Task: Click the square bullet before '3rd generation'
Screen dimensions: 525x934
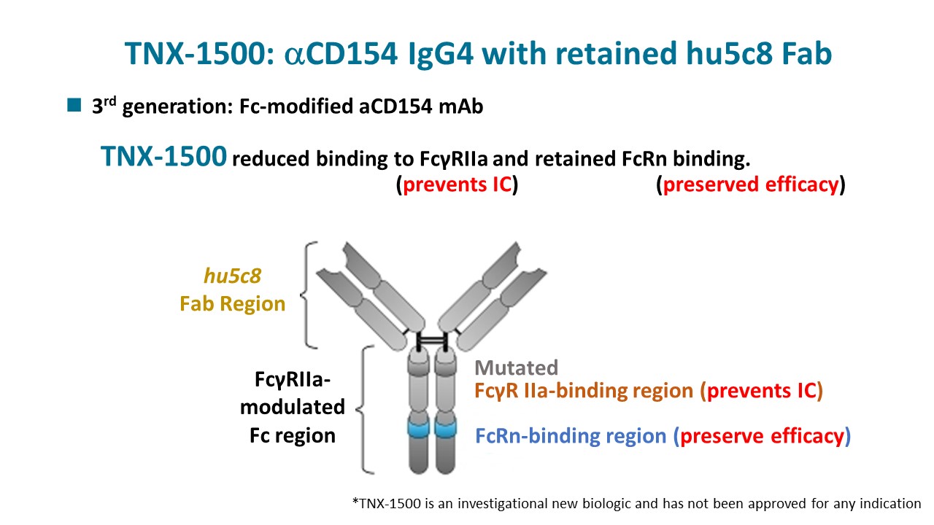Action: pos(73,106)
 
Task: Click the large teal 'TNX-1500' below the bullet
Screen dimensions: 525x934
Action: pos(163,157)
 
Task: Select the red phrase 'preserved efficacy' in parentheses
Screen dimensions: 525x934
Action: pos(751,184)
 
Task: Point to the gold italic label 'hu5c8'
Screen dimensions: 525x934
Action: pos(232,277)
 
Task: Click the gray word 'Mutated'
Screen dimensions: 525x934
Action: pos(516,368)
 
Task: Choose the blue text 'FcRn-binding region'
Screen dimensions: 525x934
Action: pos(571,436)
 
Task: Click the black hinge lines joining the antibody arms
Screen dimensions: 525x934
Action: pos(431,341)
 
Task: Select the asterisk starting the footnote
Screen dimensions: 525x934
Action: pos(355,502)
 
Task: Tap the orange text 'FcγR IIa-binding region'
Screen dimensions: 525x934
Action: pos(584,391)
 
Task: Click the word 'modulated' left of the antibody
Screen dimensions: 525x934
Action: pos(292,406)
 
